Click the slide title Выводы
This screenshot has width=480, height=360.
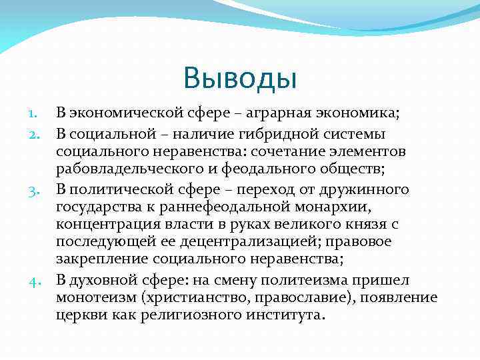239,78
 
